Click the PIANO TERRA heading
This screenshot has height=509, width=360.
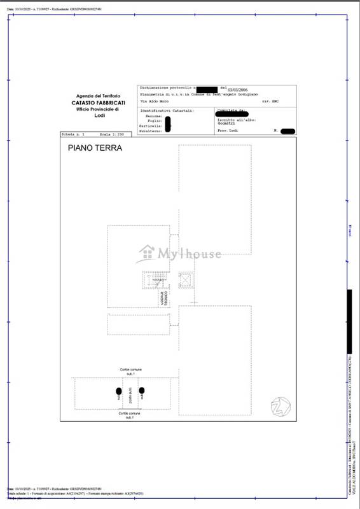click(x=95, y=148)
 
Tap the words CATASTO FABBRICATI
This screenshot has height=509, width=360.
click(x=98, y=102)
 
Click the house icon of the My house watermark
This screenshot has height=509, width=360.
click(x=147, y=253)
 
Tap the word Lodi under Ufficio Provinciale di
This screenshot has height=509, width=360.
click(x=99, y=116)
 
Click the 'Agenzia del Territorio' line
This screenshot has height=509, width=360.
click(x=98, y=95)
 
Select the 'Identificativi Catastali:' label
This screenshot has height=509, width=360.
click(x=166, y=111)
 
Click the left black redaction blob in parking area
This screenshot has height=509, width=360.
click(x=118, y=391)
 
